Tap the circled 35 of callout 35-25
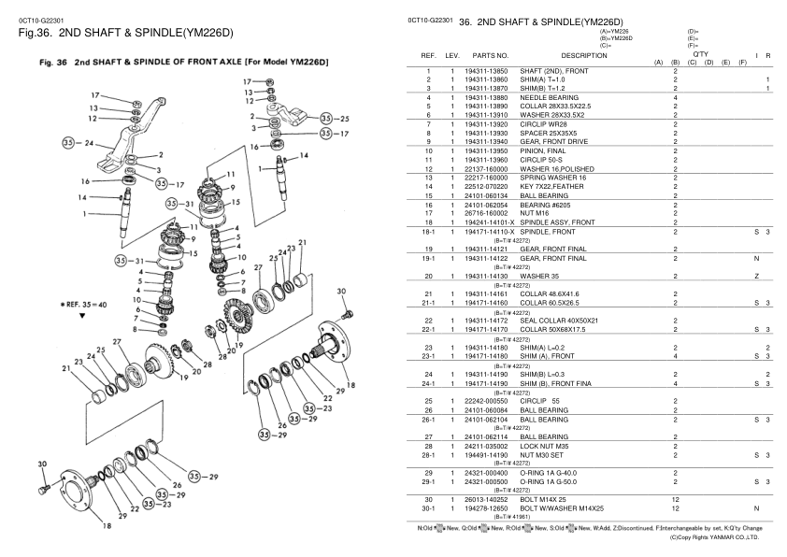click(x=325, y=119)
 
